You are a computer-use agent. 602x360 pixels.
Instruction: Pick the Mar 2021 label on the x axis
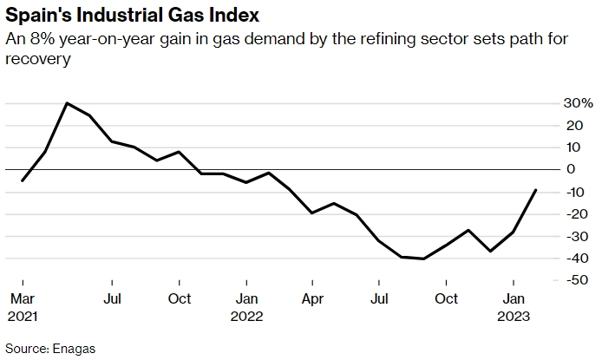(23, 307)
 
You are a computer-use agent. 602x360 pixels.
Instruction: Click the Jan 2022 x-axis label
(246, 307)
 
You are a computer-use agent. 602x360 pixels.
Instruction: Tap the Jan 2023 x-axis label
(514, 307)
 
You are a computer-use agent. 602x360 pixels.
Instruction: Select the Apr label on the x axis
(312, 299)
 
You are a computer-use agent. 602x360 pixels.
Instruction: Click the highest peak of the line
(67, 103)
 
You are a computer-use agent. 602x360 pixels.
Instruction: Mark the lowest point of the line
(423, 259)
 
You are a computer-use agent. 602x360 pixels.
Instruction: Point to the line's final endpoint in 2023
(535, 190)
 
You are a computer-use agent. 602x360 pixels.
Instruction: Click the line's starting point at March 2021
(23, 180)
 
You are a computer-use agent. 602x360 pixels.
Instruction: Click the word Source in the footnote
(25, 349)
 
